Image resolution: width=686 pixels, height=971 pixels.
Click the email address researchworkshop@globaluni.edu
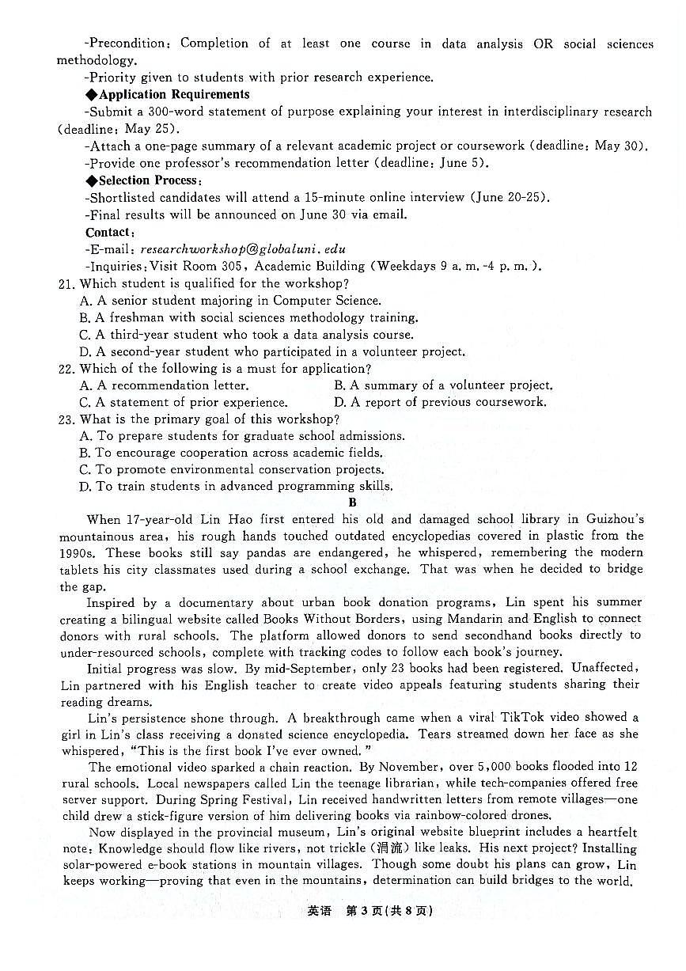pyautogui.click(x=237, y=249)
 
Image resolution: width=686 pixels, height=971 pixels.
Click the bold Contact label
pyautogui.click(x=110, y=232)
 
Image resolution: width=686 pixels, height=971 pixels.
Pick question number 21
pyautogui.click(x=66, y=283)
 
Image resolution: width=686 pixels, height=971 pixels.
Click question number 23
pyautogui.click(x=66, y=419)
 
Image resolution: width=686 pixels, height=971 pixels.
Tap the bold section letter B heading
pyautogui.click(x=353, y=503)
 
